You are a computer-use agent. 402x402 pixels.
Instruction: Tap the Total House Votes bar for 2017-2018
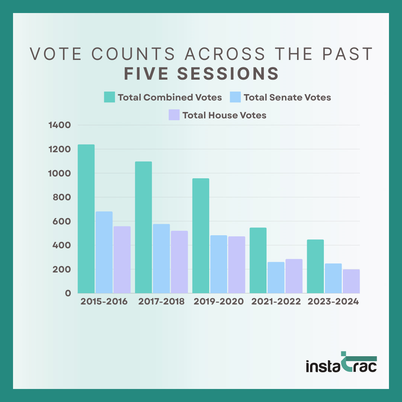tap(179, 262)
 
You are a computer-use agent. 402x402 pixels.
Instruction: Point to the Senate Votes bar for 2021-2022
tap(276, 277)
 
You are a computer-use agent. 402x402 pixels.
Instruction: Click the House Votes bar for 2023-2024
tap(351, 281)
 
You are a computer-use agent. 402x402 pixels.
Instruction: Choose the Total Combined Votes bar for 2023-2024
tap(315, 266)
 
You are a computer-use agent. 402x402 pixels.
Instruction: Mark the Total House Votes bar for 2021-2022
tap(294, 276)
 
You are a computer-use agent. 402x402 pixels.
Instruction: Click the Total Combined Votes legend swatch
tap(109, 97)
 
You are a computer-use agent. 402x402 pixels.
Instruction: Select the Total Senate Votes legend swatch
tap(235, 97)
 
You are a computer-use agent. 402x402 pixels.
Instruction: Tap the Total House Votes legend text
tap(224, 115)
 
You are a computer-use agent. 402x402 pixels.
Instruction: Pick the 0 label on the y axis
tap(67, 293)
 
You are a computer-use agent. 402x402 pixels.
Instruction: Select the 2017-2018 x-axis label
tap(161, 301)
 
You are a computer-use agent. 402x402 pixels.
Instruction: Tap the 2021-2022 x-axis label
tap(276, 301)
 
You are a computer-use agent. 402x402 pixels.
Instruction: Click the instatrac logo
tap(341, 363)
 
